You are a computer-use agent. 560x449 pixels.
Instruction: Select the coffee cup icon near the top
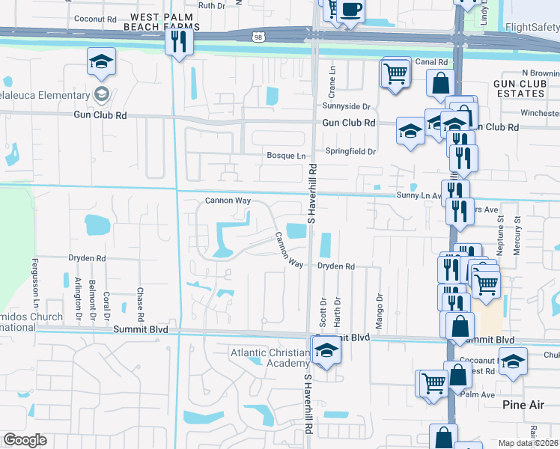(350, 10)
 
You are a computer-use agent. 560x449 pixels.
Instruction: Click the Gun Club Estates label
(519, 88)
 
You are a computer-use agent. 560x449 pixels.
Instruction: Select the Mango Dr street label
(380, 305)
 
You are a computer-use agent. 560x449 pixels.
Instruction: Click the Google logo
(25, 440)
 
